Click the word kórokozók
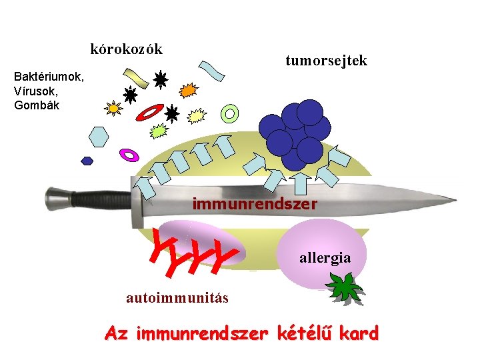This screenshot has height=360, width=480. tap(126, 49)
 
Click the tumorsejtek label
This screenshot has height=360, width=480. tap(326, 61)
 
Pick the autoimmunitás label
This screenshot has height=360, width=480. tap(177, 298)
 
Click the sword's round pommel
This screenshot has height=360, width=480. tap(61, 197)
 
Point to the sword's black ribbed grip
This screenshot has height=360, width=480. tap(100, 199)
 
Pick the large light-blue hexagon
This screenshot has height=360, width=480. tap(99, 135)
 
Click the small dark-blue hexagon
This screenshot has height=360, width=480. tap(87, 160)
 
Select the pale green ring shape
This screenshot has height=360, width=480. tap(230, 113)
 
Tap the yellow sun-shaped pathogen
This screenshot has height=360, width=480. tap(114, 108)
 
